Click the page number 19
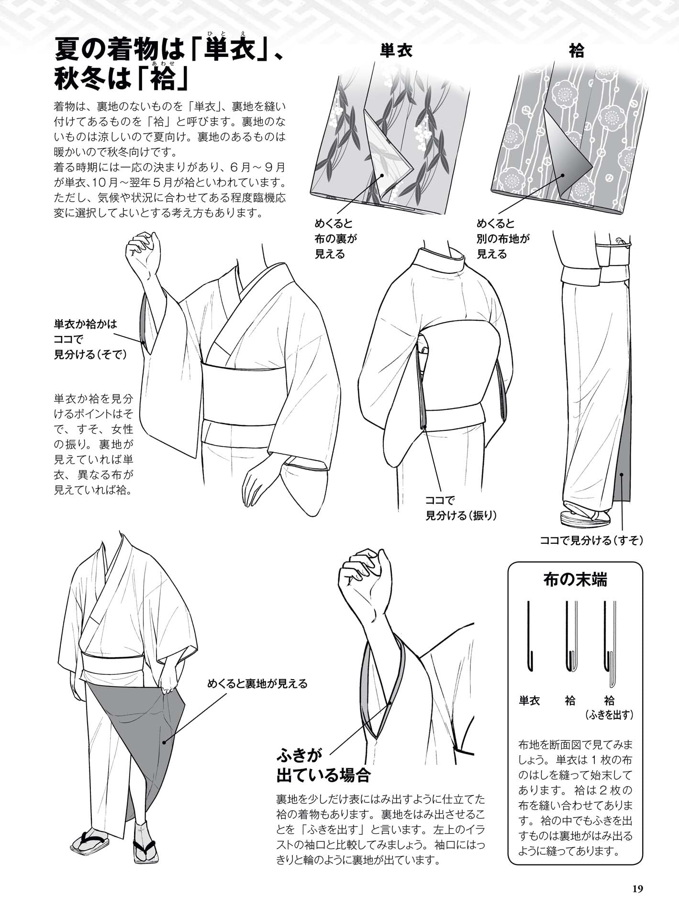coord(637,889)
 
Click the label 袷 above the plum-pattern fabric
coord(577,51)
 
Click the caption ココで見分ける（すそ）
coord(591,540)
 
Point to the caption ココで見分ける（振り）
coord(461,508)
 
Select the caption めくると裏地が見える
coord(257,684)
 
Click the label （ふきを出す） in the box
coord(609,715)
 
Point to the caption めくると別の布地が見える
coord(502,238)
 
